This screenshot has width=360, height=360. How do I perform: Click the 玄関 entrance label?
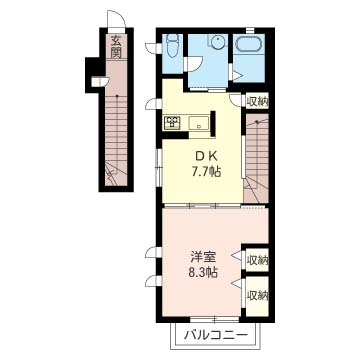(x=116, y=47)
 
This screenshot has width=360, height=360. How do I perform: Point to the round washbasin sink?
(x=218, y=42)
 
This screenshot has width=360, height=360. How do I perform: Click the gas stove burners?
(x=172, y=122)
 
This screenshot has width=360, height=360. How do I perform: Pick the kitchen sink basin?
(x=199, y=122)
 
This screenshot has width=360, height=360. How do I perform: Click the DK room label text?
(x=206, y=155)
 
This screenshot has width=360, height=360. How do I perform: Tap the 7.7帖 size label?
(x=206, y=172)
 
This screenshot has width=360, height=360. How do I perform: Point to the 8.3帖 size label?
(x=203, y=273)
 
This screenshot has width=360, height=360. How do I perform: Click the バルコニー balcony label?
(x=216, y=334)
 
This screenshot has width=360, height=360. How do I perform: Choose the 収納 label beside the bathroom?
(x=257, y=102)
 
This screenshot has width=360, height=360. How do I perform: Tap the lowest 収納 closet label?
(x=257, y=295)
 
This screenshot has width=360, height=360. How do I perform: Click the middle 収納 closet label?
(x=257, y=260)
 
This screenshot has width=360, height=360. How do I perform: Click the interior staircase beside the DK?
(x=256, y=158)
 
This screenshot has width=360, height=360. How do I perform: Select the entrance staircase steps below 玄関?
(x=116, y=140)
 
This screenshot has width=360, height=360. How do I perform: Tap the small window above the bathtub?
(x=250, y=31)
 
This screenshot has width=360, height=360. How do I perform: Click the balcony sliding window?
(x=215, y=319)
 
